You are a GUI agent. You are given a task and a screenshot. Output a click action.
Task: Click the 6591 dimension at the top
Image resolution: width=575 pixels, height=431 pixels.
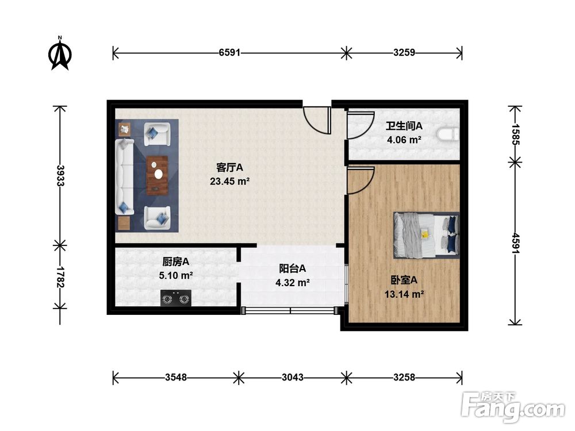pos(229,53)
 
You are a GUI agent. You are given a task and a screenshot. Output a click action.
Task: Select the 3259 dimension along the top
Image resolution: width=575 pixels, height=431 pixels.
pos(404,53)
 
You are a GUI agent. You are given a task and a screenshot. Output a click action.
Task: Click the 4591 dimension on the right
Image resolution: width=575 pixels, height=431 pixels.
pos(515,244)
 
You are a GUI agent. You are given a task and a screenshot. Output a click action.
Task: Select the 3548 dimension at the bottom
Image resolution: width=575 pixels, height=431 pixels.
pos(175,378)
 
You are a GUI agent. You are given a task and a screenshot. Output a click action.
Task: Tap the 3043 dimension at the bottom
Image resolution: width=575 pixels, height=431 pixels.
pos(293,378)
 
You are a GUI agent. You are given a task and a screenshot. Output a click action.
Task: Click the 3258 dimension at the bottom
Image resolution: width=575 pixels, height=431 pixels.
pos(404,378)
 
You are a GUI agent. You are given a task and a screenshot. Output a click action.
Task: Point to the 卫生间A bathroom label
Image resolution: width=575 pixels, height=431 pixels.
pos(404,125)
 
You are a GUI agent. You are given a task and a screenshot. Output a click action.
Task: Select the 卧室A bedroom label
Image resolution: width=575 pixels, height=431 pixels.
pos(404,280)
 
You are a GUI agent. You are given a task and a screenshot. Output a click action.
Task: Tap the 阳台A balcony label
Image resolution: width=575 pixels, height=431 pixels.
pos(293,268)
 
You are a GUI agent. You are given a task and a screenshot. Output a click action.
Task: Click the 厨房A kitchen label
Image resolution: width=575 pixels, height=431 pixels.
pos(176,261)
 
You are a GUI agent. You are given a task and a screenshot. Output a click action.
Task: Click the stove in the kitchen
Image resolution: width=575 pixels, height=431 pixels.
pos(175,298)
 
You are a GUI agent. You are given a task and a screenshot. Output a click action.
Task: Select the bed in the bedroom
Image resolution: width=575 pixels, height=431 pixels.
pos(426,234)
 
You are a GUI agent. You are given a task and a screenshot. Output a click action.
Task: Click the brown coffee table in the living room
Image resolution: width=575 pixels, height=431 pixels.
pos(157,175)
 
